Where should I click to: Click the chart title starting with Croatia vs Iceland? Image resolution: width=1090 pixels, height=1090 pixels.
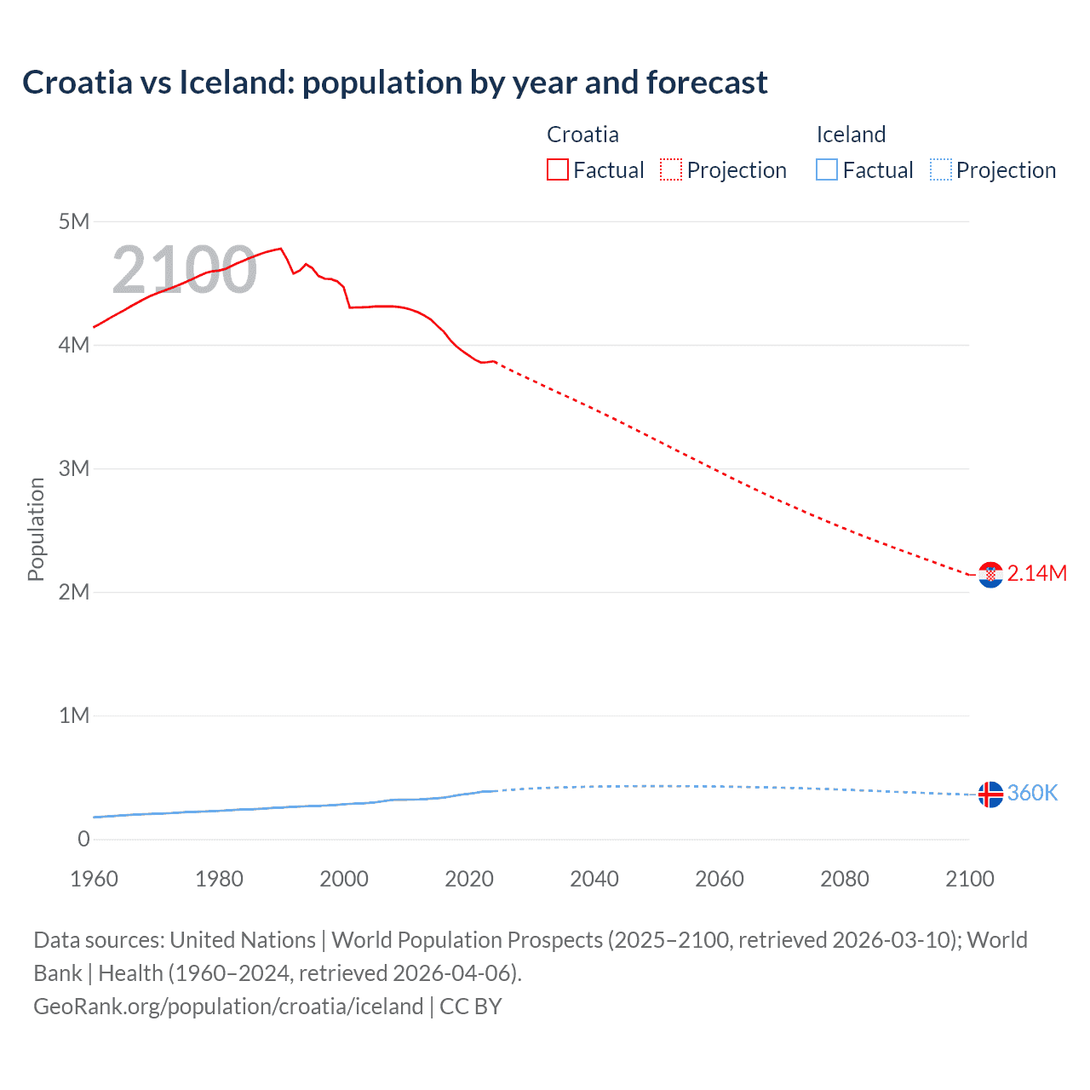pos(394,83)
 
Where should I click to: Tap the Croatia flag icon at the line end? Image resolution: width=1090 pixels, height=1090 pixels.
pos(990,575)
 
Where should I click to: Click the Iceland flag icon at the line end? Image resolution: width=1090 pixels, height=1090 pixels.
pos(990,794)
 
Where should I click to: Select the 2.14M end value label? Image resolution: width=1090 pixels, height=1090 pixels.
pos(1036,574)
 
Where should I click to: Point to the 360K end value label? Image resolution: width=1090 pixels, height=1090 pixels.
pos(1032,794)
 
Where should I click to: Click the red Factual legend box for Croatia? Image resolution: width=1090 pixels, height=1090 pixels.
pos(557,170)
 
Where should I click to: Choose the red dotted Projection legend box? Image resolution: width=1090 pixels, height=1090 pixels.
pos(671,170)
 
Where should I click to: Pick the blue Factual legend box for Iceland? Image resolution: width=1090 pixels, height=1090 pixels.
pos(827,170)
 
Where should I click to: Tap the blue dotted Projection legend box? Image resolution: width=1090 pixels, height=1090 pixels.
pos(941,170)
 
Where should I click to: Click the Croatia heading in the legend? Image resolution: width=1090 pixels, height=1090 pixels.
pos(582,135)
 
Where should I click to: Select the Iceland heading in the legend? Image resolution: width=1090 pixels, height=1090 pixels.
pos(851,135)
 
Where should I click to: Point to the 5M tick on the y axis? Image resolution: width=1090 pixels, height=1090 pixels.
pos(74,222)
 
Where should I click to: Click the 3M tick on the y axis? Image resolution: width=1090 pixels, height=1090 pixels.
pos(74,469)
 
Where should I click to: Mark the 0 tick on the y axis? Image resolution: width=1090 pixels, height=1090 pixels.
pos(83,840)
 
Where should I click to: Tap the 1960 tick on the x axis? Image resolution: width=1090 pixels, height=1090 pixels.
pos(94,879)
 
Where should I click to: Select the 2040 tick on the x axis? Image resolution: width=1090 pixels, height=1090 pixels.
pos(594,879)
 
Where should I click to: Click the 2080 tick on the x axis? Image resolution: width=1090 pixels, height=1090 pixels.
pos(845,879)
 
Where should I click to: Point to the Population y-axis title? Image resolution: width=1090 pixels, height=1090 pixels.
pos(36,529)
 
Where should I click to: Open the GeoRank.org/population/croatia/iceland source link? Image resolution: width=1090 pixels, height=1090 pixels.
pos(228,1007)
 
